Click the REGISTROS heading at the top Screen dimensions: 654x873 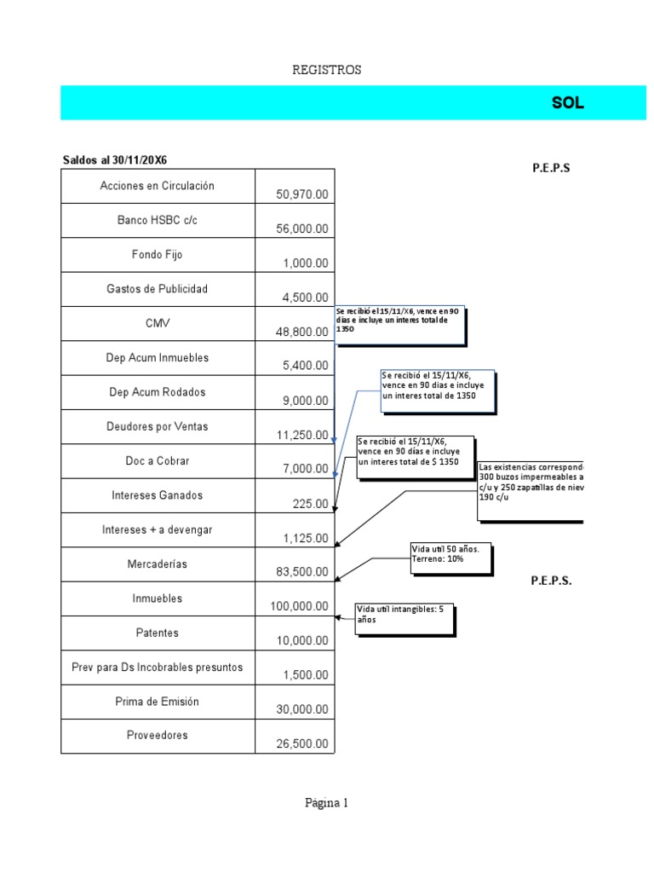coord(327,70)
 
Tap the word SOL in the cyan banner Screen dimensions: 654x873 coord(567,103)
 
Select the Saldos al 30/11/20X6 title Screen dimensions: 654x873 coord(115,160)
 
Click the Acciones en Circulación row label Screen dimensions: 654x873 coord(157,186)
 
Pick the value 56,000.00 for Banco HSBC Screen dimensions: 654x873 coord(301,228)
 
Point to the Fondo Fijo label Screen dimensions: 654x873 coord(157,255)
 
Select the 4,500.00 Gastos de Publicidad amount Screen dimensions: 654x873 coord(306,298)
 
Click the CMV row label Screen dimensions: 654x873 coord(157,324)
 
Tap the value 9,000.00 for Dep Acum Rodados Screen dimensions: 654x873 coord(306,401)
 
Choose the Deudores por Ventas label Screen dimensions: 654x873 coord(157,427)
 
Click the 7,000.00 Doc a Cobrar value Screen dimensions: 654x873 coord(306,469)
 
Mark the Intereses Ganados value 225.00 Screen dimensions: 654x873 coord(310,504)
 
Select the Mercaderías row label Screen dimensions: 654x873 coord(157,564)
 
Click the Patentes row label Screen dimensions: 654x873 coord(157,633)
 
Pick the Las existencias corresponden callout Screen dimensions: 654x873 coord(531,490)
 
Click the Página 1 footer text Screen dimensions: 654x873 coord(327,802)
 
